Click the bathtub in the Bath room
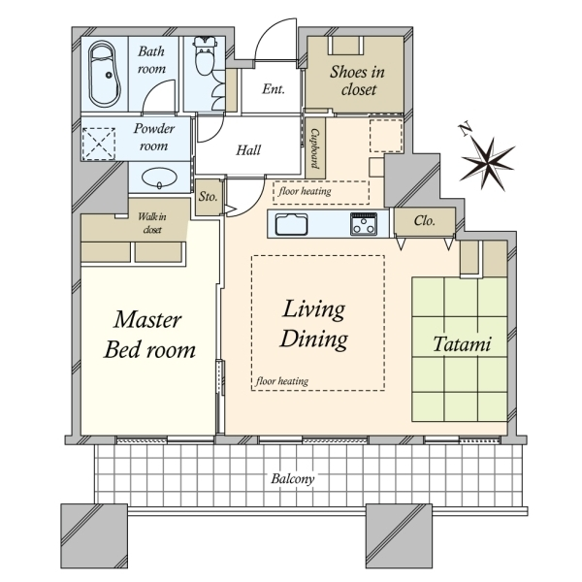tap(105, 75)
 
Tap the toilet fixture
tap(204, 55)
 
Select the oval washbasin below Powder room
tap(160, 178)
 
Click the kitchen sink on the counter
tap(291, 224)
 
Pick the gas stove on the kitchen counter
tap(364, 224)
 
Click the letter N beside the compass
tap(465, 130)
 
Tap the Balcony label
tap(293, 479)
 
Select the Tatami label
tap(462, 344)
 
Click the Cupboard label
tap(315, 148)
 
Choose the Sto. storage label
tap(208, 196)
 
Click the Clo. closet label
tap(424, 221)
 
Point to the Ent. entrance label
tap(274, 89)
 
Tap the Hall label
tap(248, 150)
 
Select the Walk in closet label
tap(152, 223)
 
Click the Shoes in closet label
tap(357, 81)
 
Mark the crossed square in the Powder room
tap(98, 144)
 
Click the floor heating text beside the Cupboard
tap(305, 191)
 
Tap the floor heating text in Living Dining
tap(282, 381)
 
